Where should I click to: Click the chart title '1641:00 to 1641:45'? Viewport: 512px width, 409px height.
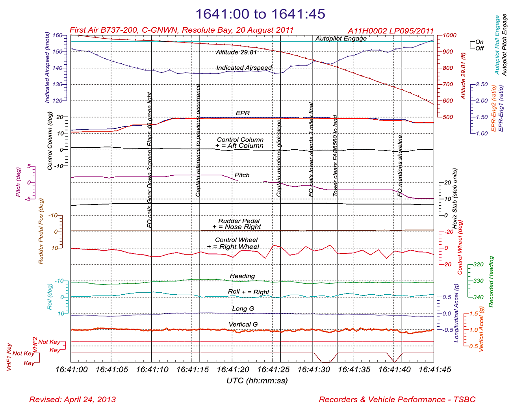[260, 14]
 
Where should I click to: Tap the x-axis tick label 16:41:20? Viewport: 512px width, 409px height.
[233, 370]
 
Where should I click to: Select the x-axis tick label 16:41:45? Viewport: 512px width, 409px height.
[434, 370]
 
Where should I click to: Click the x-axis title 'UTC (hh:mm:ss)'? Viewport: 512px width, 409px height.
[257, 381]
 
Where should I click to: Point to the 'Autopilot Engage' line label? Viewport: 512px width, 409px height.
[341, 39]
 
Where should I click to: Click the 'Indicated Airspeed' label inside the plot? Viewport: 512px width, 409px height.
[244, 68]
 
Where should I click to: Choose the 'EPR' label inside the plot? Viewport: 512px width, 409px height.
[243, 113]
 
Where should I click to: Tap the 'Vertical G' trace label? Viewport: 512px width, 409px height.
[243, 325]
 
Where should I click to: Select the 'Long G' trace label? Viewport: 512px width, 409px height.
[243, 309]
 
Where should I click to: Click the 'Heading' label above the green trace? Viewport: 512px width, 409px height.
[242, 276]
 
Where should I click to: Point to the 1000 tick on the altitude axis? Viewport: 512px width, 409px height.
[449, 35]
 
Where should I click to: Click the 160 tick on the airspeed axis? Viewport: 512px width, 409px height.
[57, 35]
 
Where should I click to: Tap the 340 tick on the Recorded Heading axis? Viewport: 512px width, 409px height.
[478, 297]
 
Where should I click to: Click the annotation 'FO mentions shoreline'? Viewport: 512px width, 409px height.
[400, 166]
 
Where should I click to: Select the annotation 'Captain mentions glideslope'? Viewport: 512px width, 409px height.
[279, 158]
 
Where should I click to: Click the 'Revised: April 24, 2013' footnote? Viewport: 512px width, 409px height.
[72, 400]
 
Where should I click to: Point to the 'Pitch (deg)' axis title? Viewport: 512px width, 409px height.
[18, 182]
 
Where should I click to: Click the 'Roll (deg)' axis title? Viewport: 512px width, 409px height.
[50, 296]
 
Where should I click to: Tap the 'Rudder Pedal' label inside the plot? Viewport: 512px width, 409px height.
[239, 221]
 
